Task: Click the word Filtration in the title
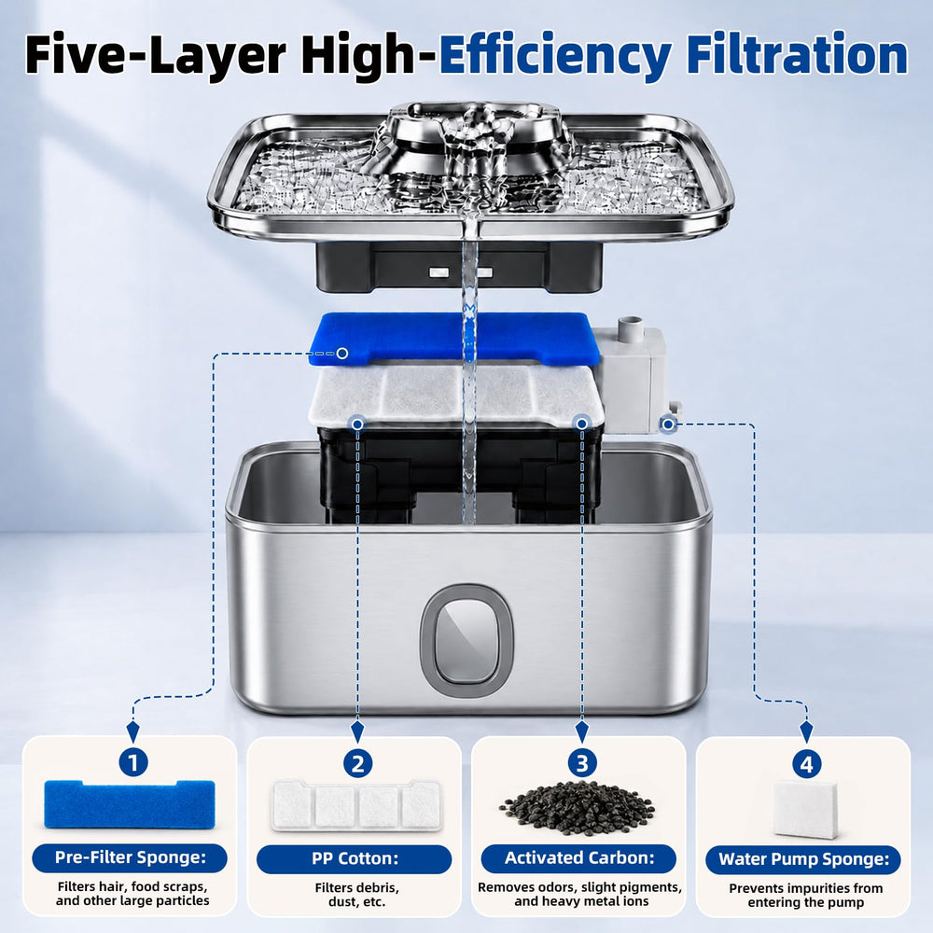pyautogui.click(x=798, y=55)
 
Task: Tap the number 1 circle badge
pyautogui.click(x=133, y=763)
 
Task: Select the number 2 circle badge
pyautogui.click(x=357, y=763)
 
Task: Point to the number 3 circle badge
pyautogui.click(x=582, y=763)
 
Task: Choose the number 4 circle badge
pyautogui.click(x=806, y=764)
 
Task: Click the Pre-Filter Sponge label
pyautogui.click(x=130, y=857)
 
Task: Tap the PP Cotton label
pyautogui.click(x=355, y=858)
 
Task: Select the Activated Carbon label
pyautogui.click(x=579, y=858)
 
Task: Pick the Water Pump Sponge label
pyautogui.click(x=803, y=859)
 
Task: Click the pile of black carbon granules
pyautogui.click(x=578, y=807)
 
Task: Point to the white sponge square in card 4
pyautogui.click(x=806, y=809)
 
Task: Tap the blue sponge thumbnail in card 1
pyautogui.click(x=130, y=804)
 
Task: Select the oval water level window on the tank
pyautogui.click(x=466, y=640)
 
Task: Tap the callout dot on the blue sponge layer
pyautogui.click(x=342, y=354)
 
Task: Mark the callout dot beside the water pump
pyautogui.click(x=668, y=425)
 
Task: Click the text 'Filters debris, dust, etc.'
pyautogui.click(x=357, y=895)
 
